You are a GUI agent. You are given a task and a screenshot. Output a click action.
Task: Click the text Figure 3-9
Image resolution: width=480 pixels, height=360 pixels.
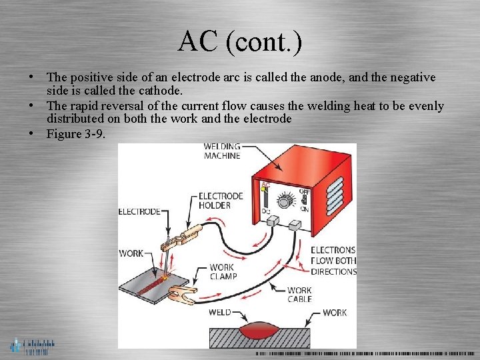(x=76, y=133)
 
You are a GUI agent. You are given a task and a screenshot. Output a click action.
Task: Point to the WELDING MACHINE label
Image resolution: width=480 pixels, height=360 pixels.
(x=222, y=151)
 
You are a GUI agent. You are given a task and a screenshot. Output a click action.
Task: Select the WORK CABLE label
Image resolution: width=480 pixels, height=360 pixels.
(x=299, y=295)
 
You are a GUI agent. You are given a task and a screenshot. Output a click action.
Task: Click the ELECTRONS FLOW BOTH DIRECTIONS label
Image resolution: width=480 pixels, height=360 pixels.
(x=333, y=261)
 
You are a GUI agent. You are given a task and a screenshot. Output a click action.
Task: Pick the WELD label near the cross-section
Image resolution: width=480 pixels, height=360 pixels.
(x=219, y=312)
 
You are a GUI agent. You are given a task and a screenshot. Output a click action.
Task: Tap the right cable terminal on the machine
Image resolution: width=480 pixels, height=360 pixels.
(x=297, y=226)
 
